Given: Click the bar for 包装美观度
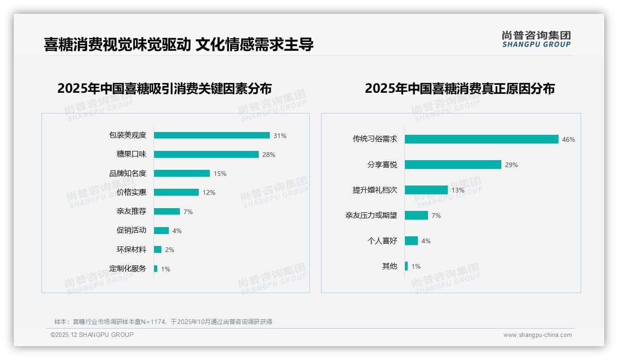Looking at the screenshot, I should (x=212, y=135).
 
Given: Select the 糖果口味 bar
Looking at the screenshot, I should (x=206, y=155).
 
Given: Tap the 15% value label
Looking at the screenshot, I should (x=220, y=174).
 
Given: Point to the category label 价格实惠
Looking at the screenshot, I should (x=131, y=192).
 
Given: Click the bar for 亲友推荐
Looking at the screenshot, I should (x=167, y=211).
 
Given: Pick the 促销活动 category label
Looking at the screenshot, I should (x=131, y=230).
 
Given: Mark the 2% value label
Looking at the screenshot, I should (x=170, y=250).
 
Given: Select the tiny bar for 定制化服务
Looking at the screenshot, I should (x=156, y=269).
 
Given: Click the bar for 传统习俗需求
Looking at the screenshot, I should (x=481, y=139).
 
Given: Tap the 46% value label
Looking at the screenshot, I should (x=569, y=139).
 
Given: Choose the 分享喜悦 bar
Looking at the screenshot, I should (x=453, y=164).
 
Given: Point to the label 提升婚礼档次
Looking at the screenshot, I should (x=374, y=190).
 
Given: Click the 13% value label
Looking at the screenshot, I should (x=458, y=190).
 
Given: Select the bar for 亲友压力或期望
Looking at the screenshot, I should (x=416, y=215).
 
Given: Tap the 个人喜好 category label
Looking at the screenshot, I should (x=382, y=241).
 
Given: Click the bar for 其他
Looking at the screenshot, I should (x=406, y=266).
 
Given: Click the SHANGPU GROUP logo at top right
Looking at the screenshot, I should (x=536, y=39).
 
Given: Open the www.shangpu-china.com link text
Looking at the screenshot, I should (x=537, y=335).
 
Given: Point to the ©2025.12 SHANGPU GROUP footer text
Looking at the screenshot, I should (x=92, y=335).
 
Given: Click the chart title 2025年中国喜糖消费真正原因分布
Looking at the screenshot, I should (x=459, y=89).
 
